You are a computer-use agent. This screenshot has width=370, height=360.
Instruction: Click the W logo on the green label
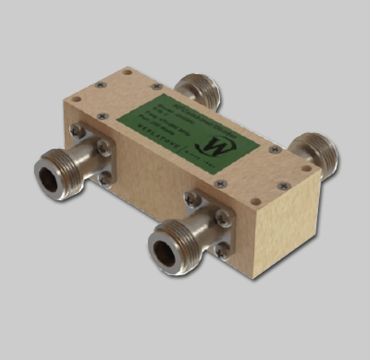(217, 145)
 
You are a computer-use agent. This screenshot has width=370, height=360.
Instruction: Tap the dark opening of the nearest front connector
(179, 246)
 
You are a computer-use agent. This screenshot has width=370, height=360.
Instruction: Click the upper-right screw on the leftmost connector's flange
(103, 147)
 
